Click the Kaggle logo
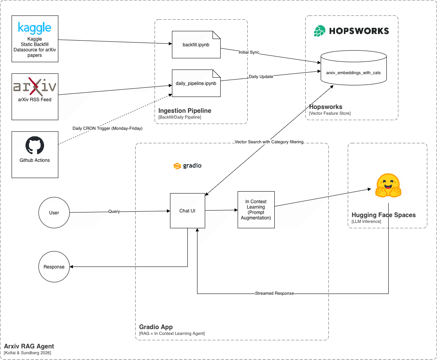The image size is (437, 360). coord(35,28)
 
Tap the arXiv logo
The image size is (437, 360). coord(35,86)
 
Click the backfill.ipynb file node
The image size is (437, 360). coord(196,45)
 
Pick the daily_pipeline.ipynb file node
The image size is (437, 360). coord(196,83)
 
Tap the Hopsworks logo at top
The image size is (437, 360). coord(351,31)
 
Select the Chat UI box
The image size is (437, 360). coord(187,211)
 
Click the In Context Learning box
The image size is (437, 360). coord(256,210)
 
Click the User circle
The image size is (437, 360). coord(54,213)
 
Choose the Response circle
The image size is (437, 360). coord(54,267)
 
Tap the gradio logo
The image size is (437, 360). coord(187,166)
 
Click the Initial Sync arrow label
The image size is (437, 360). coord(249,52)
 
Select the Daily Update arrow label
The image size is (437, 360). coord(261,76)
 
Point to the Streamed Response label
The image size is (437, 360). coord(274,294)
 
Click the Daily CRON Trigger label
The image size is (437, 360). coord(107,128)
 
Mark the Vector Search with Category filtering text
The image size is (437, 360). coord(269,142)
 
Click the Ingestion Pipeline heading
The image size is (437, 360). coord(185,111)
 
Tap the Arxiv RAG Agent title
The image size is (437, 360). coord(29,346)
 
